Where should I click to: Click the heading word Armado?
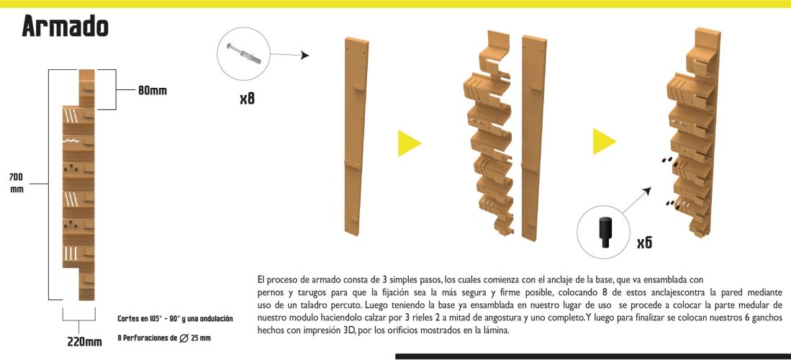tap(65, 27)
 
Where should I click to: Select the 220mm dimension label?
tap(84, 341)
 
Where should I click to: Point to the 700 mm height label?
tap(17, 183)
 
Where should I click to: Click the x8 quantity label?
tap(247, 97)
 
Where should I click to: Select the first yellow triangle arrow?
tap(408, 143)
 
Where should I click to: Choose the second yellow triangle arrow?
tap(603, 141)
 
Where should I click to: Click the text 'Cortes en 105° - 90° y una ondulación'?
tap(175, 318)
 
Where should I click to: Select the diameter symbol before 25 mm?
tap(184, 338)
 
